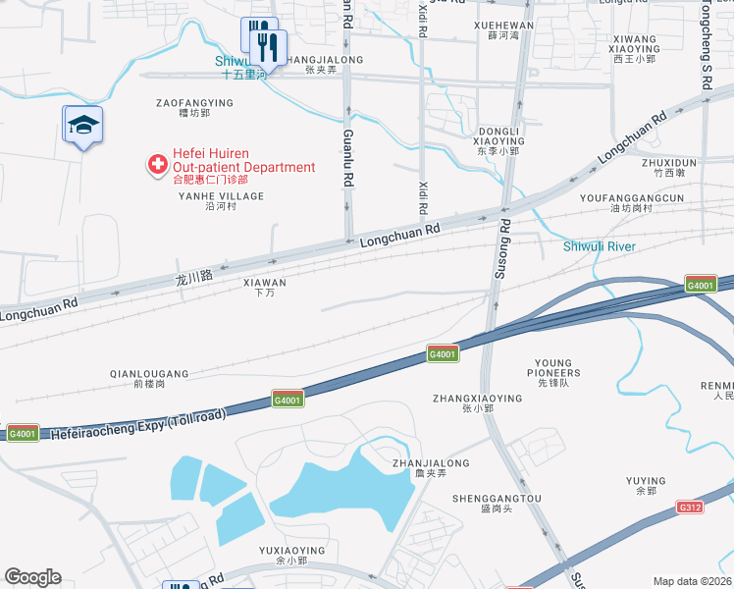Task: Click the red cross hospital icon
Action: coord(156,165)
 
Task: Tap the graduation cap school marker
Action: coord(83,125)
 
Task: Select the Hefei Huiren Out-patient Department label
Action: coord(243,160)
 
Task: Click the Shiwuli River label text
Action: coord(599,246)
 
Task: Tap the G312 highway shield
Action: coord(690,508)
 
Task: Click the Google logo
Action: coord(32,577)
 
